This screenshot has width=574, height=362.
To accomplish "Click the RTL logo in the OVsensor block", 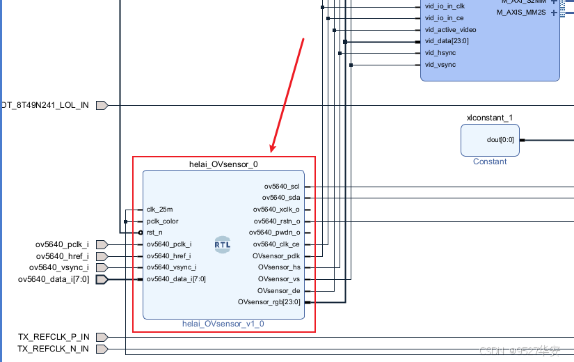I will coord(223,245).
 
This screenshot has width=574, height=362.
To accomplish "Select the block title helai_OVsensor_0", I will coord(224,164).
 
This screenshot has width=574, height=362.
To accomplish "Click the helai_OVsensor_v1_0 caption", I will coord(223,324).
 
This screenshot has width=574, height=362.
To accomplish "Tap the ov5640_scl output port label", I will coord(282,187).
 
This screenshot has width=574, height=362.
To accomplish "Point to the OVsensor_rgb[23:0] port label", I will coord(269,302).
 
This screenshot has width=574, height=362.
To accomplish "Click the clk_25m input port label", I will coord(160,210).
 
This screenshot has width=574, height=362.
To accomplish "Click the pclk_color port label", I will coord(164,221).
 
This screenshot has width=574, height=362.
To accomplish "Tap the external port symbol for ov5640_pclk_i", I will coord(102,244).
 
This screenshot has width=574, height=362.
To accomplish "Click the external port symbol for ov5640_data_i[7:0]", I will coord(102,279).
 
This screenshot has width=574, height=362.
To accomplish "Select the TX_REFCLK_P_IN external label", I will coord(54,337).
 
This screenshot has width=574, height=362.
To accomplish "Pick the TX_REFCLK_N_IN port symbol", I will coord(102,348).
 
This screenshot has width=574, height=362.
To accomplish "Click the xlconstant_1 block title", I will coord(490,118).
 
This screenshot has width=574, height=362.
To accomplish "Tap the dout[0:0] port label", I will coord(500,140).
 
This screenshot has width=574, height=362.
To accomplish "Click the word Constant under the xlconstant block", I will coord(490,162).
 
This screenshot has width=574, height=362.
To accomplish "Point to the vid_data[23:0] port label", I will coord(447,41).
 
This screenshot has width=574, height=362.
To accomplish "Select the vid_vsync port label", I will coord(440,65).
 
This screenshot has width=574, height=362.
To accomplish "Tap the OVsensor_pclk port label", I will coord(276,255).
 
